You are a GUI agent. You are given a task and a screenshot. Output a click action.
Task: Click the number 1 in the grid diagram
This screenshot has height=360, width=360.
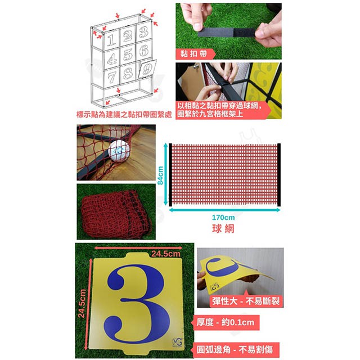coord(111,40)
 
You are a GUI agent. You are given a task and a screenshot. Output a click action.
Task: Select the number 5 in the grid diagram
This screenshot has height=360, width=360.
coord(128,54)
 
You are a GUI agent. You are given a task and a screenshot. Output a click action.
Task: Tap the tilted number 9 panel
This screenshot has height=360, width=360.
coord(147,69)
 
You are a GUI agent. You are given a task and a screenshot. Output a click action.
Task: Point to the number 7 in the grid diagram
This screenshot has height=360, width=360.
coord(112,76)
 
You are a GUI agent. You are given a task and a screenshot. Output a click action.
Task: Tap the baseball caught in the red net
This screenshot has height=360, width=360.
coord(119,151)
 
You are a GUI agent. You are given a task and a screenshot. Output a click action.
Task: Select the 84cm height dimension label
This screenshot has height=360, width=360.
coord(160,175)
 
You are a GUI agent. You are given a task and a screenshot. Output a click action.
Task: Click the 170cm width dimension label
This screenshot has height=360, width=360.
coord(223,217)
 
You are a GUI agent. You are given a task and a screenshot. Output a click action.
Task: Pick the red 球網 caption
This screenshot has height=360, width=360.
coord(223,229)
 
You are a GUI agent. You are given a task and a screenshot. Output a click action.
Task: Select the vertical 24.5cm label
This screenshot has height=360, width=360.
coord(82,303)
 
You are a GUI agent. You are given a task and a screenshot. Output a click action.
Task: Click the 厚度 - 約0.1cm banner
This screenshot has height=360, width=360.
coord(225,322)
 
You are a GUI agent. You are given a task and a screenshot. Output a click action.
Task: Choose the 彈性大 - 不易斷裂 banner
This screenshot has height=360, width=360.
coord(246,301)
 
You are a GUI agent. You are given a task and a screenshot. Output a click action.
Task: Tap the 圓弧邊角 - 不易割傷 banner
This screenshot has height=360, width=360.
coord(235,350)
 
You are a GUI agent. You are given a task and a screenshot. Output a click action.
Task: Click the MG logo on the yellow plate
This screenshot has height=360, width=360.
coord(177,342)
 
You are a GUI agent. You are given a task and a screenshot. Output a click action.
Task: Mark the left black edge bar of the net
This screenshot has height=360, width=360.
coord(170,175)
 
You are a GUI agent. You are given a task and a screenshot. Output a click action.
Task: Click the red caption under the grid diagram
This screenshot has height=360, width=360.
coord(124,114)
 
